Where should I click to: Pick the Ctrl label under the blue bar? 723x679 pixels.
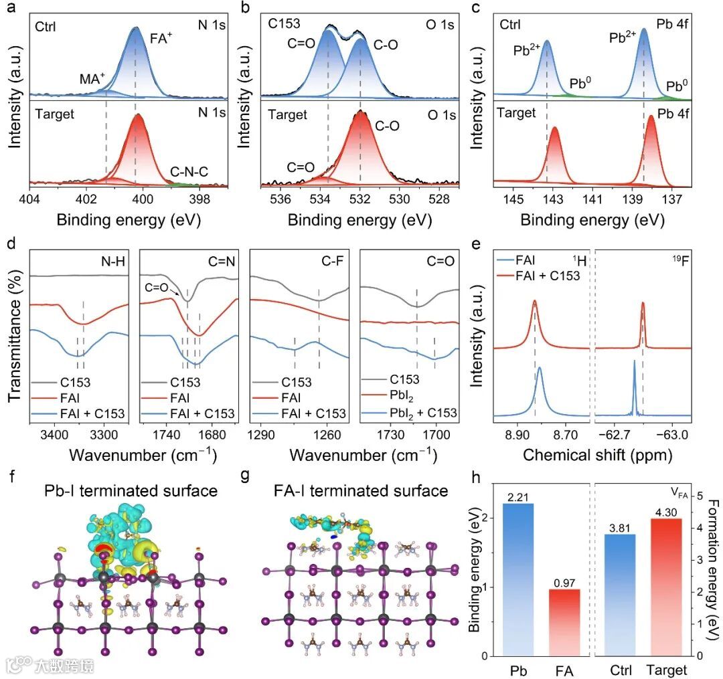click(623, 670)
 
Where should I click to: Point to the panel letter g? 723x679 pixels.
click(247, 476)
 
